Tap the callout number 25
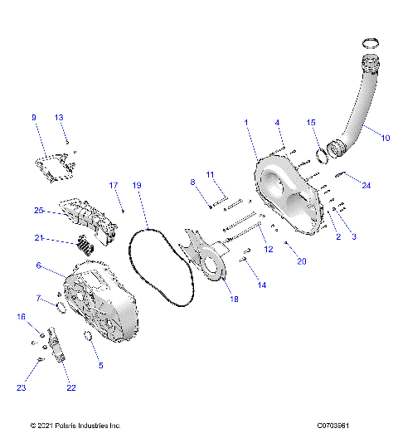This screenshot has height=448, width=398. (38, 212)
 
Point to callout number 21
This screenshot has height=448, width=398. (38, 239)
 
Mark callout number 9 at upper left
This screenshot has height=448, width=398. (34, 118)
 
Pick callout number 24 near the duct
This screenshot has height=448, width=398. (366, 185)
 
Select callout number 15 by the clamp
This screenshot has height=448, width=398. (312, 122)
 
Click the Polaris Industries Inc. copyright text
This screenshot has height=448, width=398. (75, 426)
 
